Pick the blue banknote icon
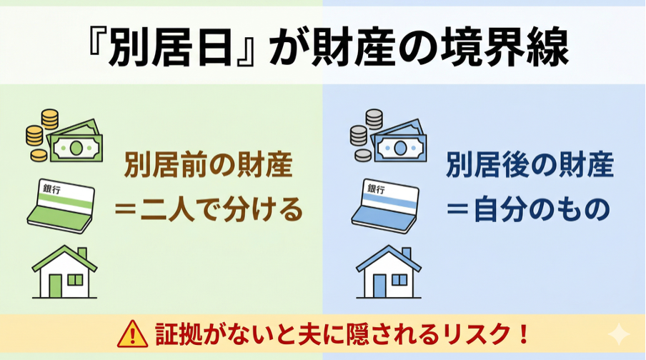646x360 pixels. coord(400,144)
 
